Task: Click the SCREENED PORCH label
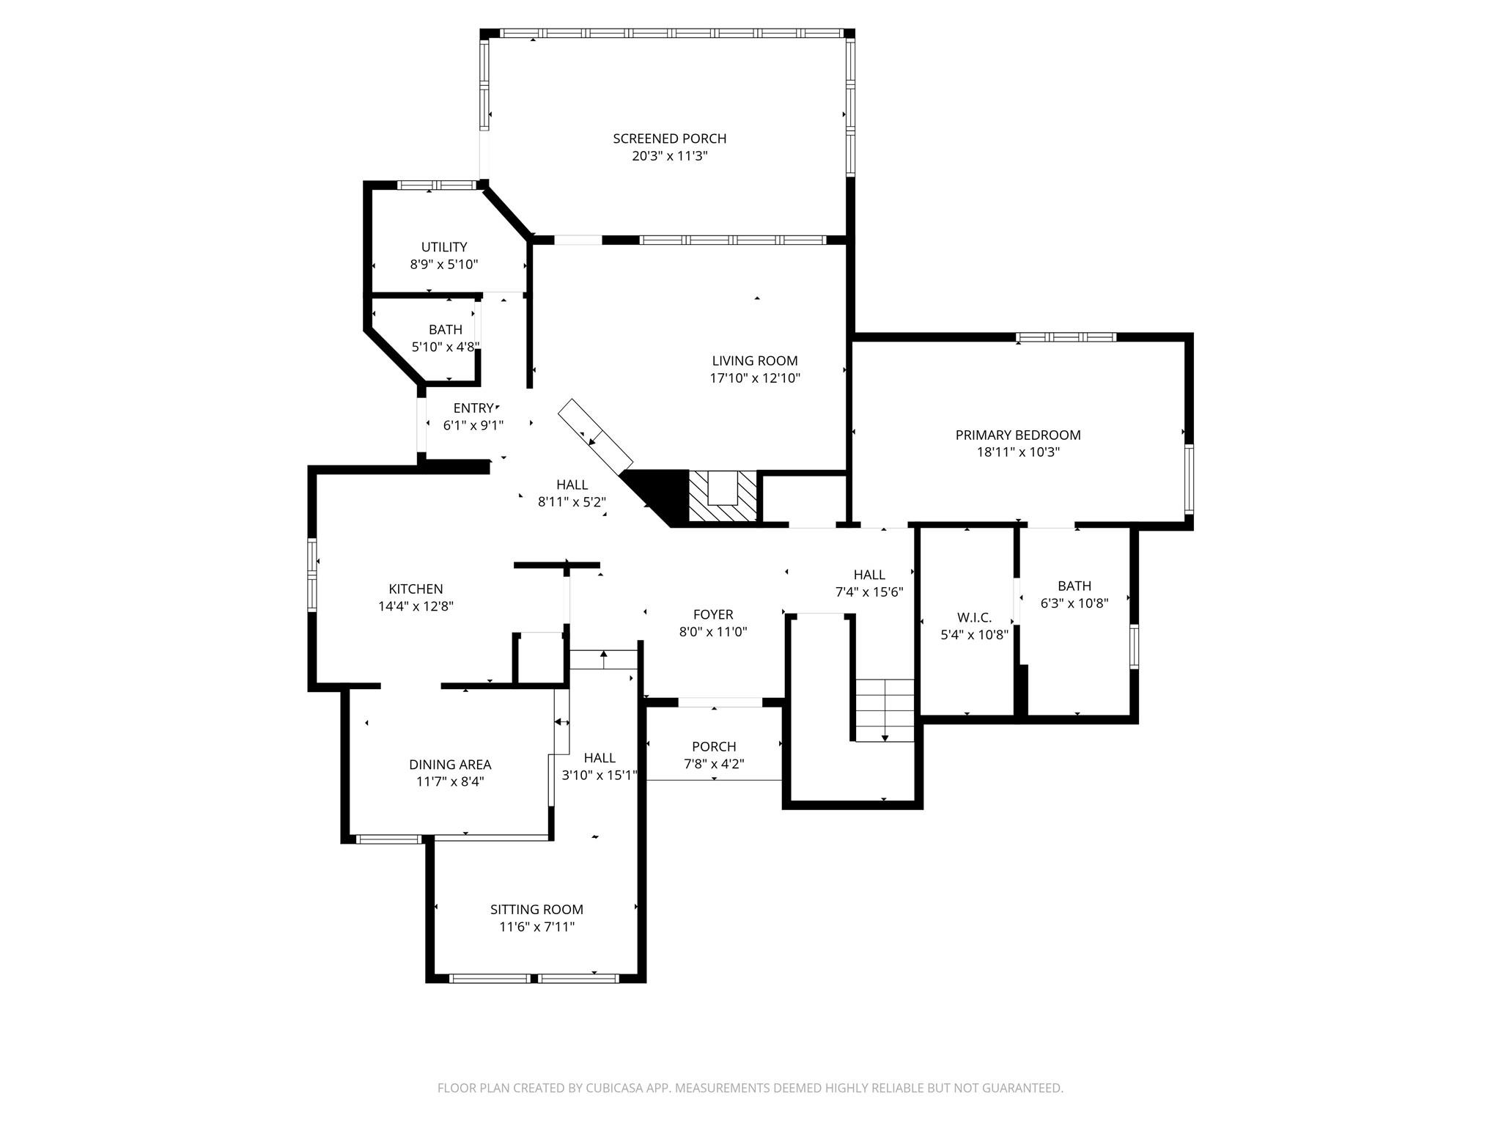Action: coord(669,139)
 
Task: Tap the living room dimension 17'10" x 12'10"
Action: coord(754,378)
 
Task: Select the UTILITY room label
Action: coord(443,247)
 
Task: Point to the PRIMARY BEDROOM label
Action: coord(1017,435)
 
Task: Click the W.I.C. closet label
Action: coord(974,617)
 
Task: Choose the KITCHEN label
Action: coord(416,589)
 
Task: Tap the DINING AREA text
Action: coord(449,765)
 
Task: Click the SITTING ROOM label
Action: coord(536,909)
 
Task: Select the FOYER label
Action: coord(712,614)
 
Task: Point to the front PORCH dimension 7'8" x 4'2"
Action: coord(713,764)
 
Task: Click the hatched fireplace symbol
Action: coord(723,496)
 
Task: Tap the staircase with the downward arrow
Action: coord(885,710)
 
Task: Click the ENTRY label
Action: coord(473,408)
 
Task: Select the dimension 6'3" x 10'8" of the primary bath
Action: coord(1074,603)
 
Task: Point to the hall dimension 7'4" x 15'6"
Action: coord(868,592)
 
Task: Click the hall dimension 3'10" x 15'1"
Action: coord(599,775)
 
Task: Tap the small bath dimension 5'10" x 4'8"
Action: coord(445,347)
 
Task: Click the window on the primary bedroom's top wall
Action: coord(1066,337)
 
